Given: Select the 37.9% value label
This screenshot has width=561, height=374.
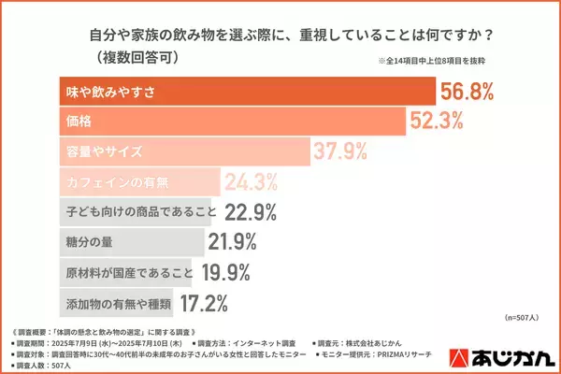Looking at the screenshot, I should (343, 151).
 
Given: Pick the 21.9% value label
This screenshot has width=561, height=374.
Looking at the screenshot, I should (233, 241).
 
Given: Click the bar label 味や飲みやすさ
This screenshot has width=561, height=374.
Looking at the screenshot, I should (110, 93).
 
